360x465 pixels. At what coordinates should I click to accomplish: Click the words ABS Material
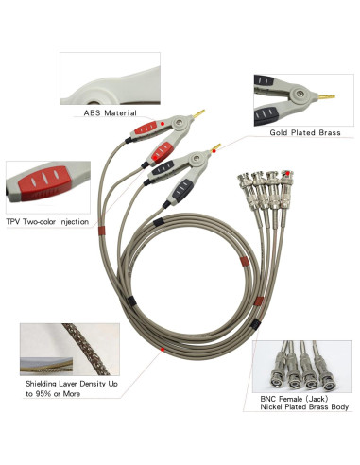tap(111, 114)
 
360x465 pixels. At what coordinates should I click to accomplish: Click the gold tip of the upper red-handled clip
tap(200, 115)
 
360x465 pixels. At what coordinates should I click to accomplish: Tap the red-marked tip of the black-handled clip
tap(220, 146)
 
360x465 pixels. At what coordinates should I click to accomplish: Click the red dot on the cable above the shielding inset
tap(163, 349)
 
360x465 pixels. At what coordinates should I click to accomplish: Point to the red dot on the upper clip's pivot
tap(163, 125)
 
